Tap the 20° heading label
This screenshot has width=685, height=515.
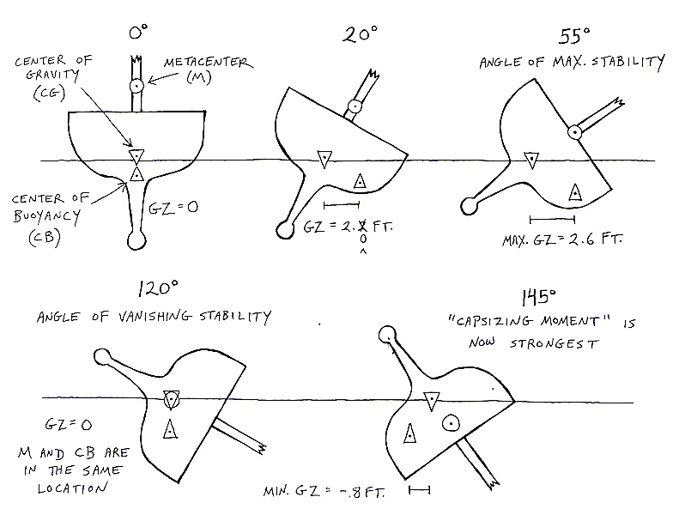click(357, 36)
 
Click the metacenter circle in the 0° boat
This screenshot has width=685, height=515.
click(136, 86)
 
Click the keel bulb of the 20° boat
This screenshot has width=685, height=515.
click(285, 228)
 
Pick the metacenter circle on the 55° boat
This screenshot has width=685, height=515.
click(574, 131)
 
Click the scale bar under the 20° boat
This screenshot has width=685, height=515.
click(342, 204)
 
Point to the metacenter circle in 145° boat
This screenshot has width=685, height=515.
click(449, 423)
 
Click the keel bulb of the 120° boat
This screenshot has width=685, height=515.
click(102, 356)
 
